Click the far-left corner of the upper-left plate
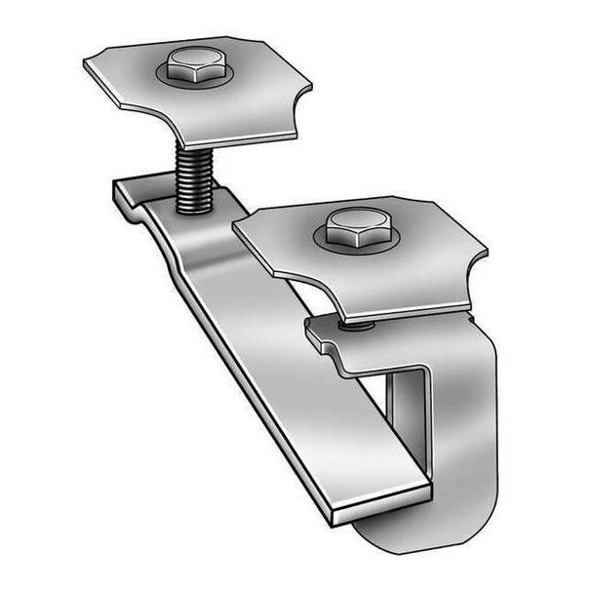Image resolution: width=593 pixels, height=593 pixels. (88, 64)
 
